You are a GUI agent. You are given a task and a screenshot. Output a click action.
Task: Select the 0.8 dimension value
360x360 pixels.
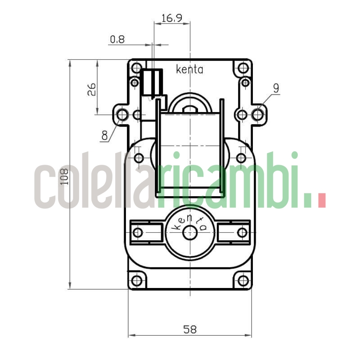click(x=117, y=40)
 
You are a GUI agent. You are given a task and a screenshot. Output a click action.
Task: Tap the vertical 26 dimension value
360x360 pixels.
click(x=91, y=89)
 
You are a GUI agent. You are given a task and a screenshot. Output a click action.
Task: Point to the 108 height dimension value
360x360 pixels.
click(x=64, y=176)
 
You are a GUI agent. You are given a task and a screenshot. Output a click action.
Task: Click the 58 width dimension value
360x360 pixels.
click(x=190, y=329)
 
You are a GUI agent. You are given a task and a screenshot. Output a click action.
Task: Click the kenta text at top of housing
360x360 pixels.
click(x=189, y=70)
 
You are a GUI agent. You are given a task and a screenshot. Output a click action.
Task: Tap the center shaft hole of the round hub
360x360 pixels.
click(x=190, y=233)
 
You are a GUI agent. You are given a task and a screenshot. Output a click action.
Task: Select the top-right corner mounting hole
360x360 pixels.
click(x=243, y=69)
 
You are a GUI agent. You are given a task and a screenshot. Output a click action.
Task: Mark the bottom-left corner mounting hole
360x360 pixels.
click(x=137, y=281)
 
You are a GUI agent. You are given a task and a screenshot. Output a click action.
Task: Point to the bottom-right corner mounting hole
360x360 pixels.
click(x=243, y=281)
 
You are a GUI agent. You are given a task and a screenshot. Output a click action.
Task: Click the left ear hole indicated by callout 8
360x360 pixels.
click(x=122, y=115)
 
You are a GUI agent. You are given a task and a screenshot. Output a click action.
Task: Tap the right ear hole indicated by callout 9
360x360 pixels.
click(x=258, y=115)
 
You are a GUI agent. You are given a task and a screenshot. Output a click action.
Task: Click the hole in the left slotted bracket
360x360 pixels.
click(x=138, y=233)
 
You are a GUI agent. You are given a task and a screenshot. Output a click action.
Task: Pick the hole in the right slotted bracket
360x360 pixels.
click(x=242, y=233)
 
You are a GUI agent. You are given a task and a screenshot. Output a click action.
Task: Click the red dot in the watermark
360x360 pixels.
click(x=321, y=200)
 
